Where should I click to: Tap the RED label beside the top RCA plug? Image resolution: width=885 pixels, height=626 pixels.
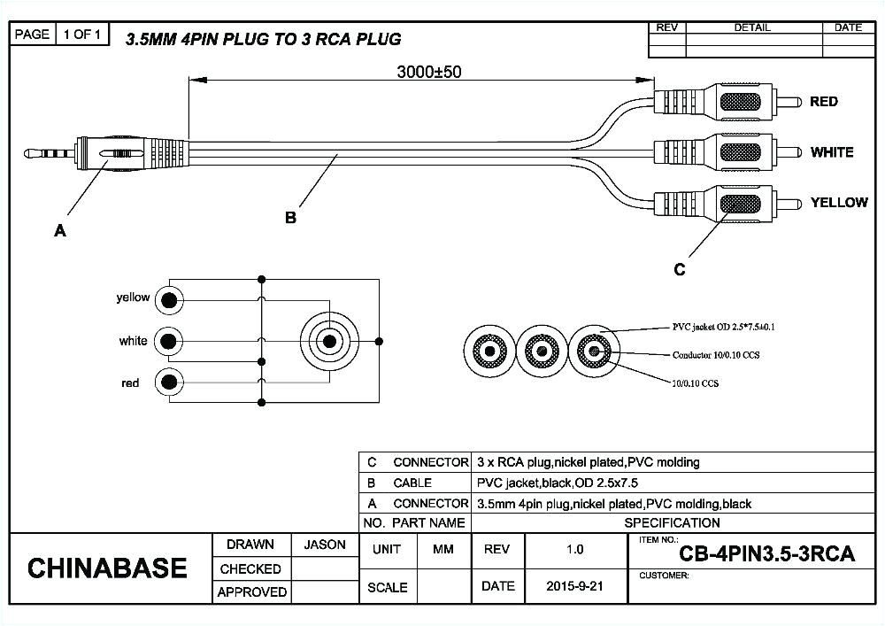(x=823, y=102)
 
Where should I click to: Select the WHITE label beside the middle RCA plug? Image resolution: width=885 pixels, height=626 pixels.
(x=831, y=152)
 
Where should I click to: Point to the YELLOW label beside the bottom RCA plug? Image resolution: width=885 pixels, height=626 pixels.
(x=838, y=203)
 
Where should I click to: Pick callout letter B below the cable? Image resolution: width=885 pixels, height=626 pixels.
(x=290, y=218)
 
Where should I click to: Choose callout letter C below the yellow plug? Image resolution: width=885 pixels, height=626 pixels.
(x=680, y=269)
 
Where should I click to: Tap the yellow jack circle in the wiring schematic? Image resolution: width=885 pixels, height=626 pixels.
(x=168, y=300)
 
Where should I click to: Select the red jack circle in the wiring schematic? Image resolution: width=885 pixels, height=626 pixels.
(x=168, y=383)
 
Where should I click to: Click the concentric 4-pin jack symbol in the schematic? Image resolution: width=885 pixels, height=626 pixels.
(x=329, y=341)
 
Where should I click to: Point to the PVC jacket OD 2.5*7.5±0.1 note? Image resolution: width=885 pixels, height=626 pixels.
(x=724, y=328)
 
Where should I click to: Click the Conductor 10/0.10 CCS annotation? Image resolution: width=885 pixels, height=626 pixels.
(x=719, y=355)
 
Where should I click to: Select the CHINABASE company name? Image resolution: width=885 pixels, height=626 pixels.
(x=107, y=568)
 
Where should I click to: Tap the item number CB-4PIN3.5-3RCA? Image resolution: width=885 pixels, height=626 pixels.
(x=766, y=555)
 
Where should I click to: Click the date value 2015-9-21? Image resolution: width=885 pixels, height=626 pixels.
(x=574, y=586)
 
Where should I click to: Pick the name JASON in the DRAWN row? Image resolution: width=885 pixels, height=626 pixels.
(x=324, y=545)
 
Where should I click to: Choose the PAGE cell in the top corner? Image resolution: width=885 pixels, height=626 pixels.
(x=32, y=35)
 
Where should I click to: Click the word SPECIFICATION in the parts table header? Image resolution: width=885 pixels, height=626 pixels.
(x=673, y=522)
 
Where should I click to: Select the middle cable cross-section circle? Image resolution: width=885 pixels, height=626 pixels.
(x=542, y=351)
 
